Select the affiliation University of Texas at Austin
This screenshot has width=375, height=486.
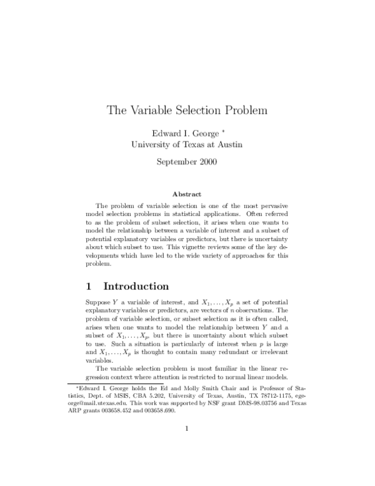187,145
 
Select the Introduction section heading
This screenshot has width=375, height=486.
136,287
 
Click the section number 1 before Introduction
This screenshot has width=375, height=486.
88,287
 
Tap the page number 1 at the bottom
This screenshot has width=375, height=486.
187,429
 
